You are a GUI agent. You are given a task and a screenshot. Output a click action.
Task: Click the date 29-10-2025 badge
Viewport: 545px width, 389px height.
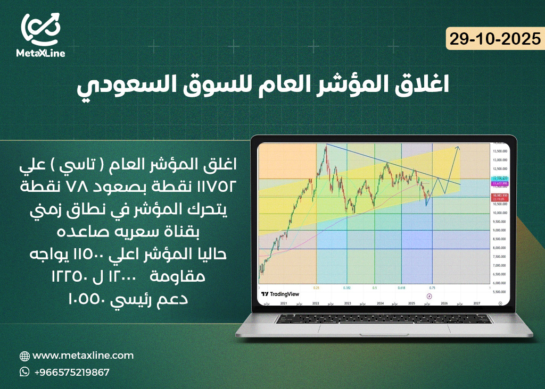click(x=494, y=39)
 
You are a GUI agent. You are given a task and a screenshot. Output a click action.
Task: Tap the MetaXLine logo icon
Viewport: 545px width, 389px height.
click(x=41, y=28)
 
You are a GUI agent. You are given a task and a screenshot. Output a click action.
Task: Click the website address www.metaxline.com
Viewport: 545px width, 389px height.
click(x=83, y=356)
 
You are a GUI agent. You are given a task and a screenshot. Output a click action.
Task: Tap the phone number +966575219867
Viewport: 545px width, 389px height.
click(x=72, y=372)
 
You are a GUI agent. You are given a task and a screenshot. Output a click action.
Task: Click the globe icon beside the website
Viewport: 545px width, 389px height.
click(x=24, y=356)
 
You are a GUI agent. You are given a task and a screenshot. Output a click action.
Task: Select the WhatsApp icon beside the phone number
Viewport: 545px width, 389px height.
click(x=24, y=372)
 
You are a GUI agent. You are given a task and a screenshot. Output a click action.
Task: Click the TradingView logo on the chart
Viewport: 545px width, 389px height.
click(x=280, y=294)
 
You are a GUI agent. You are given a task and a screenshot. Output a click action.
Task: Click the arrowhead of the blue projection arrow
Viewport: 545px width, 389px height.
click(x=458, y=147)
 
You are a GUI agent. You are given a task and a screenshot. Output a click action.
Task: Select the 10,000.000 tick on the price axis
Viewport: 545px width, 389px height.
click(x=499, y=213)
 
